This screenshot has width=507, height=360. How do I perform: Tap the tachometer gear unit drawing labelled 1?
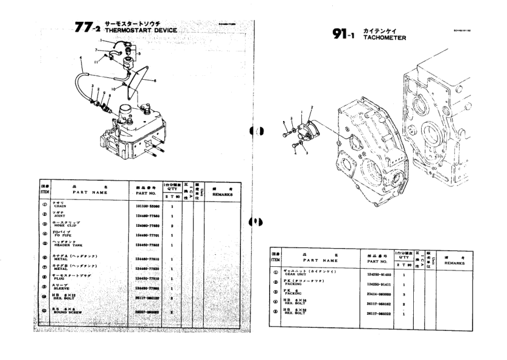[309, 128]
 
